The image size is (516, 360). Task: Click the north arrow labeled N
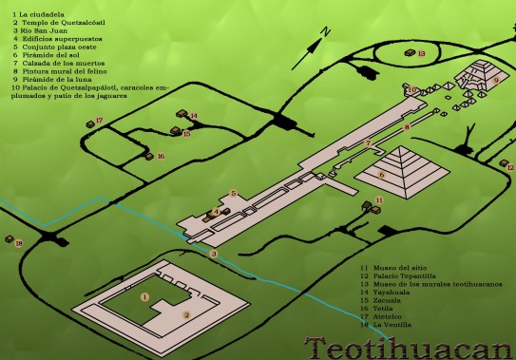pos(323,34)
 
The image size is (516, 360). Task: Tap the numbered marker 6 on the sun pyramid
pos(381,175)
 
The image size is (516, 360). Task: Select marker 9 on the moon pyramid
pos(495,82)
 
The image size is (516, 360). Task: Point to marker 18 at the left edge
pos(18,244)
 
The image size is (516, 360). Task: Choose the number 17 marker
pos(99,121)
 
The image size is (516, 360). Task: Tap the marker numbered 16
pos(162,157)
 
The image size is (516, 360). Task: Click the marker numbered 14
pos(194,117)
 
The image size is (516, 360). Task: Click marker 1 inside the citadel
pos(144,297)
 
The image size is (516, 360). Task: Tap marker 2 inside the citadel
pos(187,315)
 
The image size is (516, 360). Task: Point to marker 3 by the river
pos(215,254)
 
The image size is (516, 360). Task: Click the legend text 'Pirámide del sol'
pos(44,55)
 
